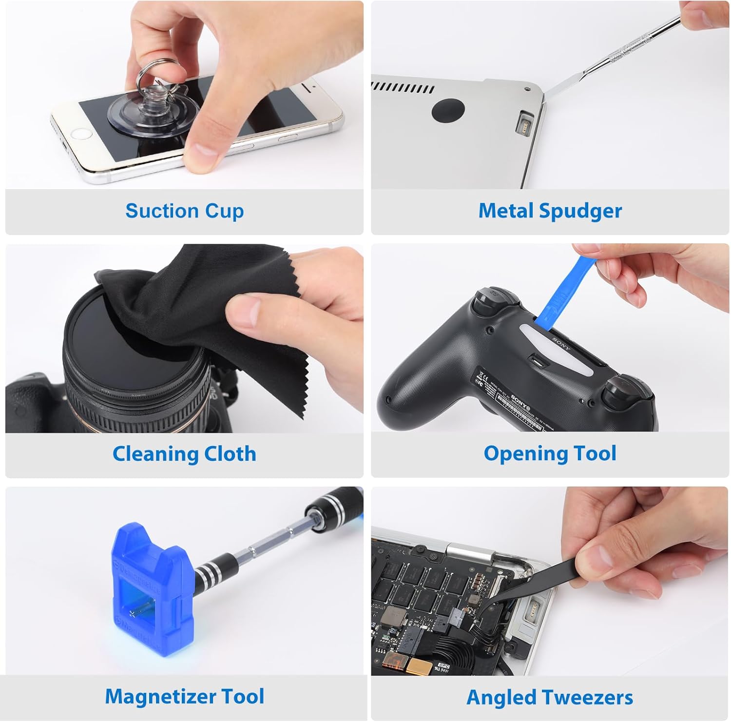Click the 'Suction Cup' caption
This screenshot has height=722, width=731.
[x=184, y=211]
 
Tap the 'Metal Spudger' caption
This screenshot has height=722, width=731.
[x=550, y=211]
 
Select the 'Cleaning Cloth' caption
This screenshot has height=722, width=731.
[x=184, y=453]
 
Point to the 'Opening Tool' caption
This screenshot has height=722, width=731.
[x=550, y=453]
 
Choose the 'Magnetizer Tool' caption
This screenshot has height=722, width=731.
[x=184, y=696]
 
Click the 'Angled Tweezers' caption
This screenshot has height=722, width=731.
[x=550, y=697]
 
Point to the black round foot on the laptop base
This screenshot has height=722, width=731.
[x=447, y=110]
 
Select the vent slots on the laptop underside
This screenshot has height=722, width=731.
[x=403, y=88]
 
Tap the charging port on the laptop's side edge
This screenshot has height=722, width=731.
[x=526, y=122]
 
